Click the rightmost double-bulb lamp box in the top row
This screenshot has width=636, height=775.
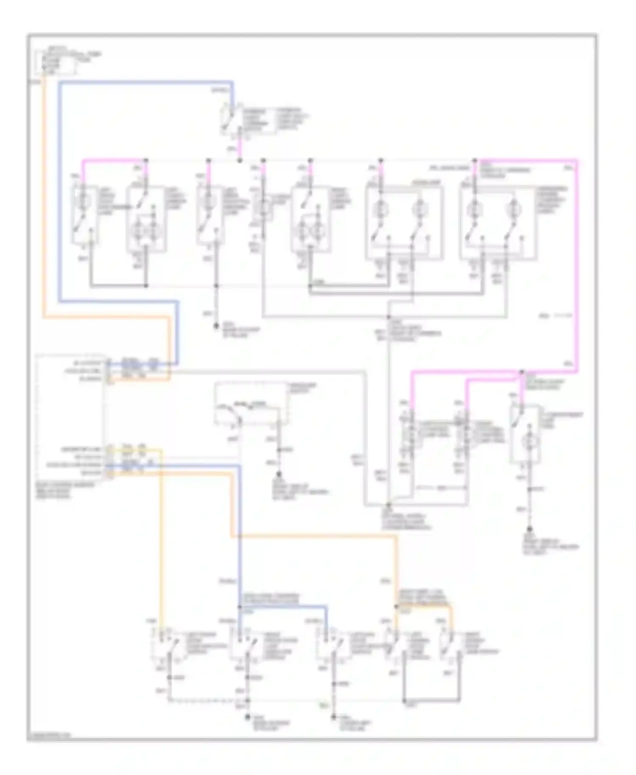point(498,222)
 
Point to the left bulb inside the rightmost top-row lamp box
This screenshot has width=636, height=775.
point(474,209)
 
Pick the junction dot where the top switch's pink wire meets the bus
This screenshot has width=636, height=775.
point(240,161)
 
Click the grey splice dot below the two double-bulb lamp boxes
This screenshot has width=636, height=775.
point(388,317)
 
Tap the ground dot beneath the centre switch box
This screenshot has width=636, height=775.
point(279,476)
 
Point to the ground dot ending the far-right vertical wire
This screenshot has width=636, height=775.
point(529,529)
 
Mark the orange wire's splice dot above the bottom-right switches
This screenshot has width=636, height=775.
point(396,607)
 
